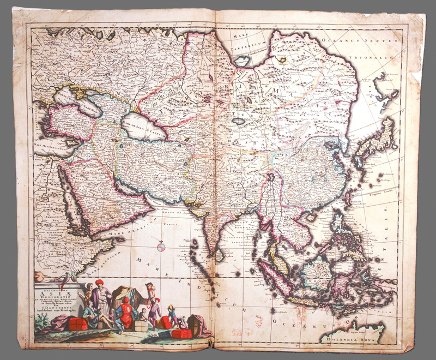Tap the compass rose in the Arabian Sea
point(161,247)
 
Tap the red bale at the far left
point(78,324)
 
